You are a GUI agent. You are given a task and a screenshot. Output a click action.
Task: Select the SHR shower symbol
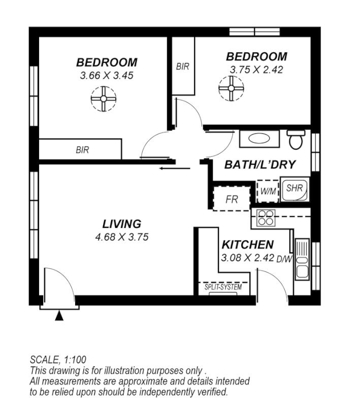(x=294, y=188)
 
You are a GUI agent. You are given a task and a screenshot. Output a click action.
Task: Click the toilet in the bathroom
(x=295, y=140)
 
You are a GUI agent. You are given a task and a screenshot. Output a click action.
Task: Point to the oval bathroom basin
(x=259, y=140)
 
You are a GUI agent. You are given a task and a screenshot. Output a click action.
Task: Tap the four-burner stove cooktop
(x=266, y=217)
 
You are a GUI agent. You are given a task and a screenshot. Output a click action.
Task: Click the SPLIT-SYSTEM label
(x=223, y=287)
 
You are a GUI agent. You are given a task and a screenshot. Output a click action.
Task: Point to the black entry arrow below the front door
(x=59, y=316)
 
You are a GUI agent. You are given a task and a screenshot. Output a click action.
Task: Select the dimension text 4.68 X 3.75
(x=121, y=236)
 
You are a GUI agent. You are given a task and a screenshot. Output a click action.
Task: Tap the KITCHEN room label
(x=247, y=245)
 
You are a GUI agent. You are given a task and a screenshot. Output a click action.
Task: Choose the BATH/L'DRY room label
(x=260, y=164)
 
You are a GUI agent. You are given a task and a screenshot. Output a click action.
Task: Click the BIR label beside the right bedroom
(x=183, y=66)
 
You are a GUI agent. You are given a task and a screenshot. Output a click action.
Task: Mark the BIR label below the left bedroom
(x=82, y=150)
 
